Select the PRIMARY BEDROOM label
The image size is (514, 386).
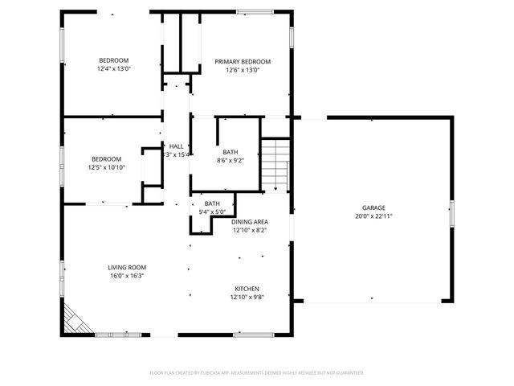(x=242, y=62)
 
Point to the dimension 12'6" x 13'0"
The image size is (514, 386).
(x=242, y=71)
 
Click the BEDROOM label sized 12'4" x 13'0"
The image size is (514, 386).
(x=114, y=60)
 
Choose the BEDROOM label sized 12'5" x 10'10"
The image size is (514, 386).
(x=106, y=158)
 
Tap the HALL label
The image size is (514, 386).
(x=176, y=146)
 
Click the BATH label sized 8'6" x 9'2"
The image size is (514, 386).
(x=230, y=151)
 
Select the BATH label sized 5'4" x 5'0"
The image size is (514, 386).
(x=212, y=203)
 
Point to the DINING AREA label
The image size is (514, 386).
(x=250, y=222)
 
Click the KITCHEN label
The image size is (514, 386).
(x=247, y=289)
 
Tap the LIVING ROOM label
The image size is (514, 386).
(x=127, y=267)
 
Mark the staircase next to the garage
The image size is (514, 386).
(x=275, y=164)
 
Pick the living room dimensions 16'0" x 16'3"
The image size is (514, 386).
(x=127, y=276)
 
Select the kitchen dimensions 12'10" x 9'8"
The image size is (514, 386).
(x=247, y=298)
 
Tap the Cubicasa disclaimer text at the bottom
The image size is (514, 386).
(x=257, y=372)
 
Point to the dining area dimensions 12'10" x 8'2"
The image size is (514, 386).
(x=250, y=231)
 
